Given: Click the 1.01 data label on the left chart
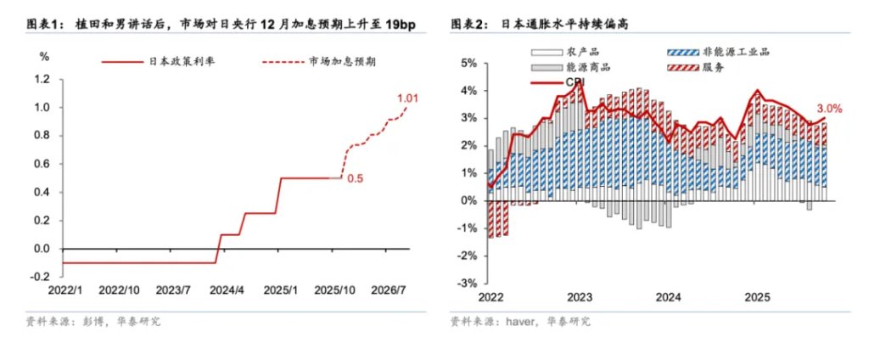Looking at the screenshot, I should point(407,99).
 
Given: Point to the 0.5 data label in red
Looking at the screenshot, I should point(356,179).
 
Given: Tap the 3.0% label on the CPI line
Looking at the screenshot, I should point(828,108).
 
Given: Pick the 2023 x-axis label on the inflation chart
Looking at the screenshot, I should point(580,297).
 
